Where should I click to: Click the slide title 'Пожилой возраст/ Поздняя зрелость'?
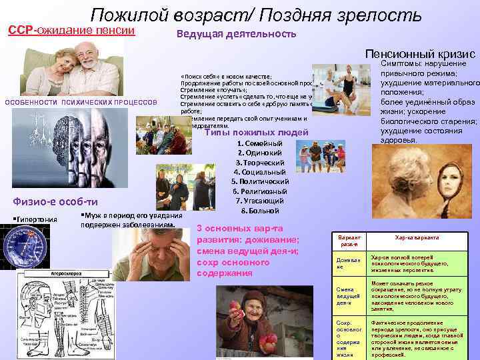(x=256, y=15)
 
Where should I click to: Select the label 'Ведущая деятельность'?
(x=237, y=35)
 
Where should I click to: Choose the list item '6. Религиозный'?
(x=260, y=191)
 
